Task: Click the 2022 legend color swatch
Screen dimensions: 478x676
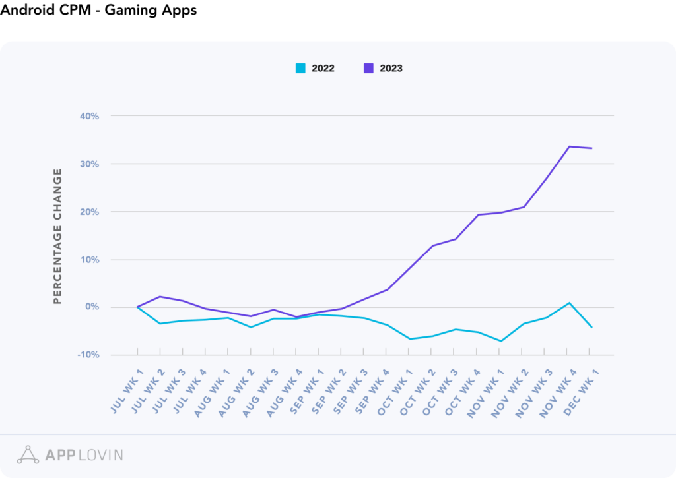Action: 300,68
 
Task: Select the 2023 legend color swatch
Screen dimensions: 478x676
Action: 369,68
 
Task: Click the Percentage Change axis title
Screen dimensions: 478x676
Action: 57,236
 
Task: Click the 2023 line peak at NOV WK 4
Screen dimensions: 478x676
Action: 569,146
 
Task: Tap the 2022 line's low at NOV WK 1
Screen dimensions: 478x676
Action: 501,341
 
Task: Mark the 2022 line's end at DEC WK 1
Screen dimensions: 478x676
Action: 591,327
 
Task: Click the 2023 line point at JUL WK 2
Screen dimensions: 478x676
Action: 160,297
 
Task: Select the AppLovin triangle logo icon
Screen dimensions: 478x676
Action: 28,455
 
